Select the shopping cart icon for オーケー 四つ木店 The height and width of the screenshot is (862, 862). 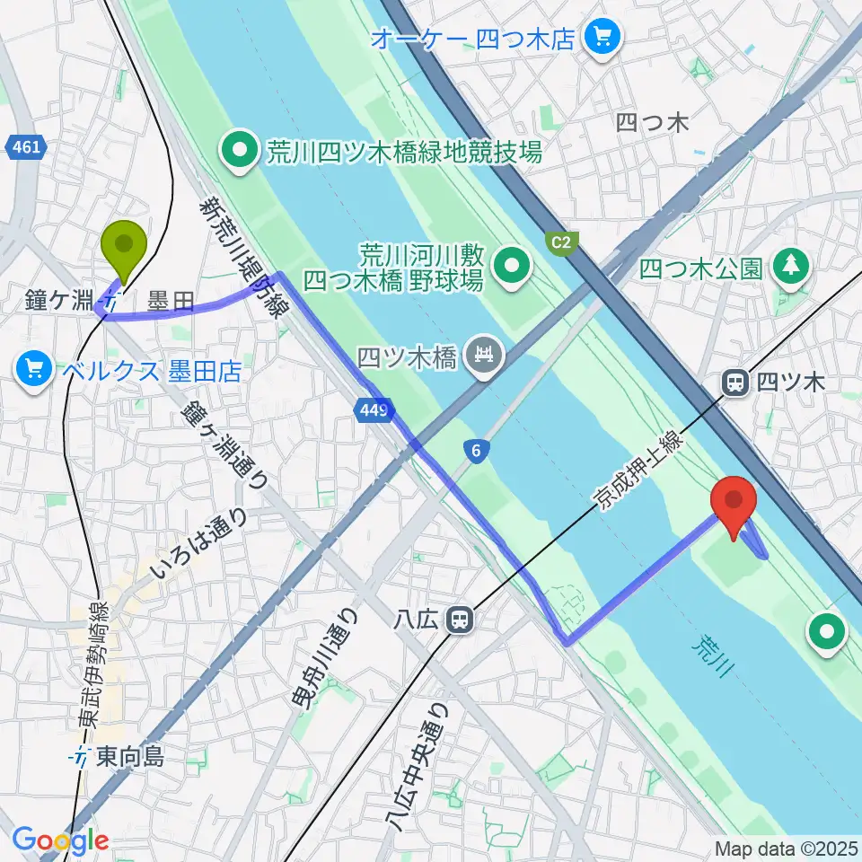pyautogui.click(x=599, y=37)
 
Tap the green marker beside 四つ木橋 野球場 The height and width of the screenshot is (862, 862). pyautogui.click(x=514, y=267)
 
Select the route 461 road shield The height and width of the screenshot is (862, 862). pyautogui.click(x=26, y=145)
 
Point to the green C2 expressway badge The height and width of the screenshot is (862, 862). pyautogui.click(x=560, y=242)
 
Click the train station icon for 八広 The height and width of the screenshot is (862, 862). pyautogui.click(x=461, y=619)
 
